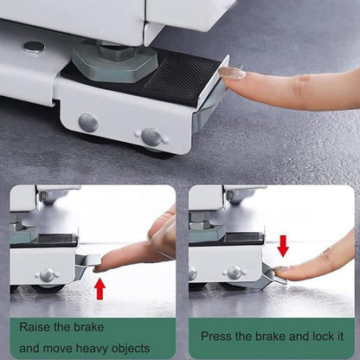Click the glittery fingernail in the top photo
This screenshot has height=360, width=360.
coord(231,74)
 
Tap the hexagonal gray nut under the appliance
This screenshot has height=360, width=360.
coord(114,61)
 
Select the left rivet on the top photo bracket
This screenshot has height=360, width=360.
coord(88,122)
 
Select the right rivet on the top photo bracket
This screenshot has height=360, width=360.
coord(151,136)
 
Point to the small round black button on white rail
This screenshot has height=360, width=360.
coord(34,47)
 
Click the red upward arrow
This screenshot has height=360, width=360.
coord(100,286)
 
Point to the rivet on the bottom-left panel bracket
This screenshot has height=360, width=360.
coord(47,274)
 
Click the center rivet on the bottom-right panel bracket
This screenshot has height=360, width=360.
coord(234,273)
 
